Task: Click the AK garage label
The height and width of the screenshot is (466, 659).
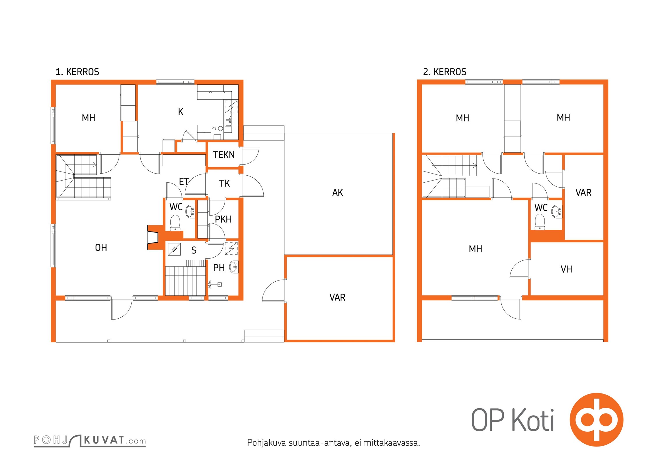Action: click(338, 193)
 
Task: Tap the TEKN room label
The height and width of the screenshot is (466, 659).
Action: click(223, 155)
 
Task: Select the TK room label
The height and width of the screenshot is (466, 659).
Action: click(224, 183)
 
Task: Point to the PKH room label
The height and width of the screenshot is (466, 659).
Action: click(223, 219)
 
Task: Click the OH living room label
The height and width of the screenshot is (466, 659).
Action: click(101, 248)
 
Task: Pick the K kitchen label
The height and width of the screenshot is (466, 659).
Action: click(181, 112)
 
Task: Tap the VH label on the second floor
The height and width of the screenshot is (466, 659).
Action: click(566, 269)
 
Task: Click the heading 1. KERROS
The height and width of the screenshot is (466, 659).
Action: click(77, 72)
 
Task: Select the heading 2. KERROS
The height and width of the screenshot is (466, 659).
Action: click(445, 72)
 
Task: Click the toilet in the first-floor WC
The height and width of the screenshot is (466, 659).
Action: click(175, 223)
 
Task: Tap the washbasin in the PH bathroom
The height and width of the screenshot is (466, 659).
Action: click(234, 267)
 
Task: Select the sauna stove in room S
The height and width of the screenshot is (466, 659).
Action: click(174, 249)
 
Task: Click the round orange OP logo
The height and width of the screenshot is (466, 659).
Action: click(597, 420)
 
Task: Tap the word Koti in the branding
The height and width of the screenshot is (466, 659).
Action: click(533, 420)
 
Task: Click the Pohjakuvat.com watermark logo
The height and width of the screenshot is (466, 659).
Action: click(90, 441)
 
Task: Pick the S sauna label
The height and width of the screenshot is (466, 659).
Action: click(194, 250)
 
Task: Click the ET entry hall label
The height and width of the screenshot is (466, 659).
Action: click(184, 181)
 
